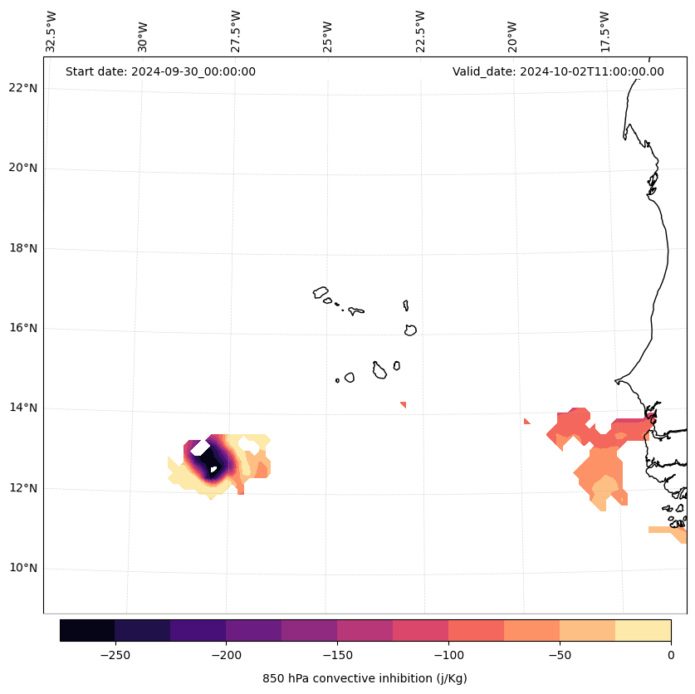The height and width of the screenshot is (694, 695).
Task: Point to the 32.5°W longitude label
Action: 51,31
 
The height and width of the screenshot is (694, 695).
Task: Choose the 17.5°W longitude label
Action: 605,31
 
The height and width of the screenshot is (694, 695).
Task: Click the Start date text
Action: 160,71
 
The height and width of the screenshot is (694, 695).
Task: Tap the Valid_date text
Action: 558,71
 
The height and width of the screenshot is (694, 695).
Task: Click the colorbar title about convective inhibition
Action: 365,678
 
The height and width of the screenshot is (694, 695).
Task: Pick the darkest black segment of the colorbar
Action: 87,630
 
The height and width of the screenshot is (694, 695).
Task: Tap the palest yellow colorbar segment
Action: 643,630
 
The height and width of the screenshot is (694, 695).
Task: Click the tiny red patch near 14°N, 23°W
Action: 404,404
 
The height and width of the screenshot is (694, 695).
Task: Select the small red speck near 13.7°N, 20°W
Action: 526,421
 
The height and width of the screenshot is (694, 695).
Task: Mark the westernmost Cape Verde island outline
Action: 321,292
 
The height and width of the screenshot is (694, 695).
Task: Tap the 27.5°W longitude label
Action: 236,31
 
